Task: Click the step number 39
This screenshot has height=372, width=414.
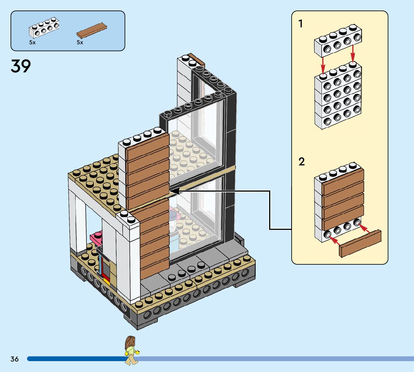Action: tap(21, 66)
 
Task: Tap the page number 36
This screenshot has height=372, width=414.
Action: tap(15, 359)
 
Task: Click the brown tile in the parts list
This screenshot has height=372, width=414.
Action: tap(92, 30)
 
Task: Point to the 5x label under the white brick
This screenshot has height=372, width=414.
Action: tap(32, 42)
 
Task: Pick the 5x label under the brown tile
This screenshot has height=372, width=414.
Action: tap(80, 42)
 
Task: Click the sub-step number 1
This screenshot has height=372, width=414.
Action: tap(301, 24)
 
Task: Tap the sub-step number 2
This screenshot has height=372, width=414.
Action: tap(302, 161)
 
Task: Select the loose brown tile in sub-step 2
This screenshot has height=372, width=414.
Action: tap(360, 243)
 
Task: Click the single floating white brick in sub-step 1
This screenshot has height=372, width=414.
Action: tap(338, 41)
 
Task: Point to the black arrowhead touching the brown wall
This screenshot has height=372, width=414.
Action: tap(174, 191)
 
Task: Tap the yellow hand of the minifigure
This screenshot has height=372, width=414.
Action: tap(137, 352)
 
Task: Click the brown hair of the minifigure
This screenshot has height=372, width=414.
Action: tap(130, 342)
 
